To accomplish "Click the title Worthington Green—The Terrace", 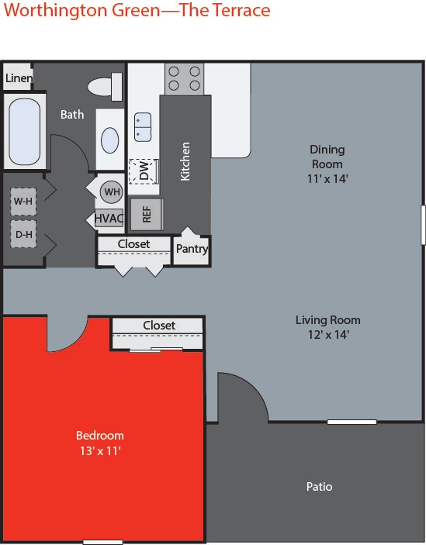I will (135, 11).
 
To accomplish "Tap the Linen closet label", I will (19, 78).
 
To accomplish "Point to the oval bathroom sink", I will (110, 140).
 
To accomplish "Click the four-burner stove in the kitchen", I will (184, 78).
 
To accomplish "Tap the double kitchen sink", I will (143, 127).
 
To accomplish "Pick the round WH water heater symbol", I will (112, 191).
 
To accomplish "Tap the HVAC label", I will (109, 219).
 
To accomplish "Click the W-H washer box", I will (23, 202).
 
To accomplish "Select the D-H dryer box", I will (23, 233).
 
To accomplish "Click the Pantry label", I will (192, 249).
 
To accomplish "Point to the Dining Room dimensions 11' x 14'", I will (327, 178).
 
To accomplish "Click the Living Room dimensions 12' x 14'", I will (327, 335).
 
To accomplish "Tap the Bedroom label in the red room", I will (99, 435).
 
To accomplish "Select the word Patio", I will (319, 487).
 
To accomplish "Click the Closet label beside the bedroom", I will (159, 326).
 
